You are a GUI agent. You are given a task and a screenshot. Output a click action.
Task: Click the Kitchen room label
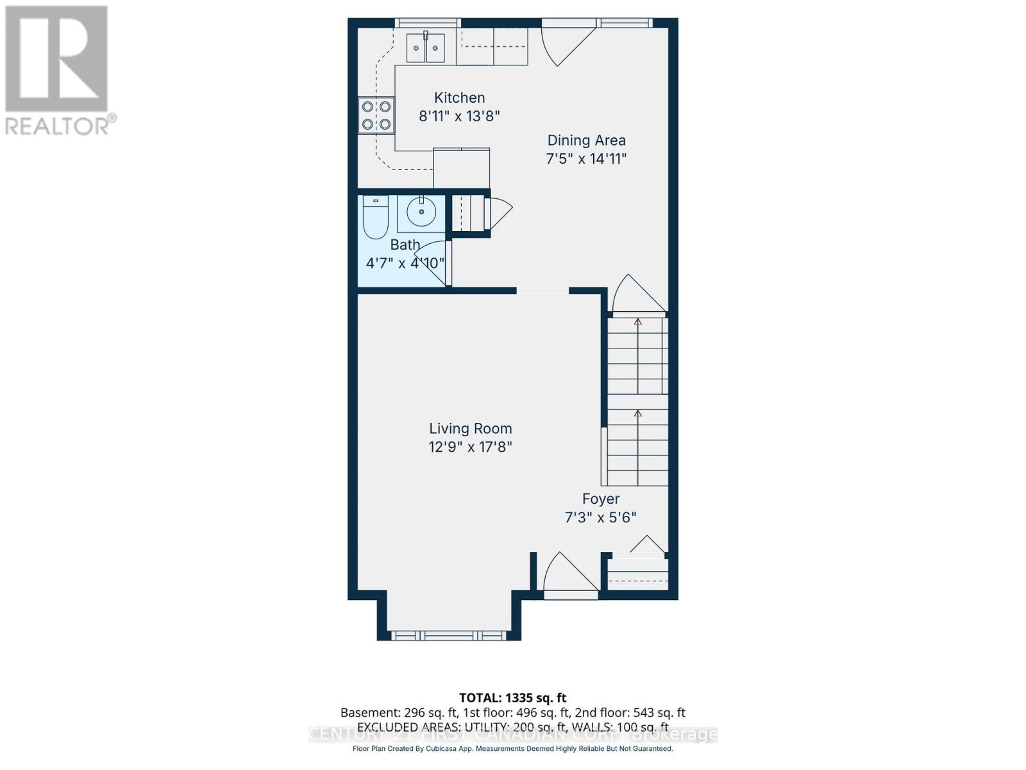coord(459,98)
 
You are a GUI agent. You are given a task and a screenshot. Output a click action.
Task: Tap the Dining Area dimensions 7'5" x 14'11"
coord(586,158)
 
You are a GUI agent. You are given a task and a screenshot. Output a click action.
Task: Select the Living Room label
coord(470,429)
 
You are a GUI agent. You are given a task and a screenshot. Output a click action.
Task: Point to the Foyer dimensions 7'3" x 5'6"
coord(600,517)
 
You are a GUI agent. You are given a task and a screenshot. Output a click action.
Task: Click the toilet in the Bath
coord(376,217)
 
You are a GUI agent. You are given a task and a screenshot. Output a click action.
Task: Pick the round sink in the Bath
coord(421,212)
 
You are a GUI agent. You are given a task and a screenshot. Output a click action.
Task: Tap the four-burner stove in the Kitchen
coord(376,116)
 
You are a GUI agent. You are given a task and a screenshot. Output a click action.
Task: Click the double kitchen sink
coord(426,47)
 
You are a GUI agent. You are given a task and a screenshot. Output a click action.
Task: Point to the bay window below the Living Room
coord(448,635)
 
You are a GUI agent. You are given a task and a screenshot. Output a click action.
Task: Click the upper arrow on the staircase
coord(637,321)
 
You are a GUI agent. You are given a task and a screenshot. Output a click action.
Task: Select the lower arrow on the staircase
coord(637,414)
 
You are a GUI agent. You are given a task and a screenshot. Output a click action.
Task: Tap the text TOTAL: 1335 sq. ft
coord(512,697)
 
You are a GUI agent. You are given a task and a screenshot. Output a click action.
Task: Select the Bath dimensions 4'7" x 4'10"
coord(405,263)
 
